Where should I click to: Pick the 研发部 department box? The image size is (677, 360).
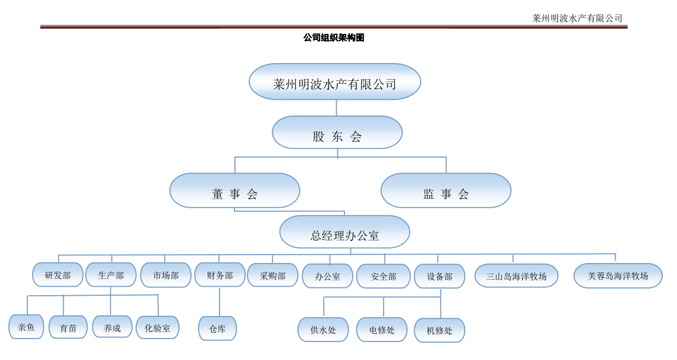click(x=58, y=275)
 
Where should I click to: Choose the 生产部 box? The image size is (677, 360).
click(x=111, y=275)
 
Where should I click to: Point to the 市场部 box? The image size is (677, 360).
click(x=165, y=275)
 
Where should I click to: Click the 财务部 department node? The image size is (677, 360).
click(x=220, y=275)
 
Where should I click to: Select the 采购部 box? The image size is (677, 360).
click(x=272, y=275)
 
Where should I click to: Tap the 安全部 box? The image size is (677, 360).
click(x=383, y=276)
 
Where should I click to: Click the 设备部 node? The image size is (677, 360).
click(x=439, y=276)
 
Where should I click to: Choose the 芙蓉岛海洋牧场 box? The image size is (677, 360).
click(x=618, y=276)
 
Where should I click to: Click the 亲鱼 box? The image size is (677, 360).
click(x=26, y=327)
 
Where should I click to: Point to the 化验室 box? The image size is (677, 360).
click(x=157, y=327)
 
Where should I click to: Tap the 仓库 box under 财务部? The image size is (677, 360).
click(x=217, y=328)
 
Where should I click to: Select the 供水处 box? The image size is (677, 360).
click(x=323, y=330)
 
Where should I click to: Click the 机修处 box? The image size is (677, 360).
click(x=439, y=330)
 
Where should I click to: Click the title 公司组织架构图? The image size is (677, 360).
click(x=334, y=38)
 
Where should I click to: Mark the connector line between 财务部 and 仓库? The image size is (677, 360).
click(x=220, y=302)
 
